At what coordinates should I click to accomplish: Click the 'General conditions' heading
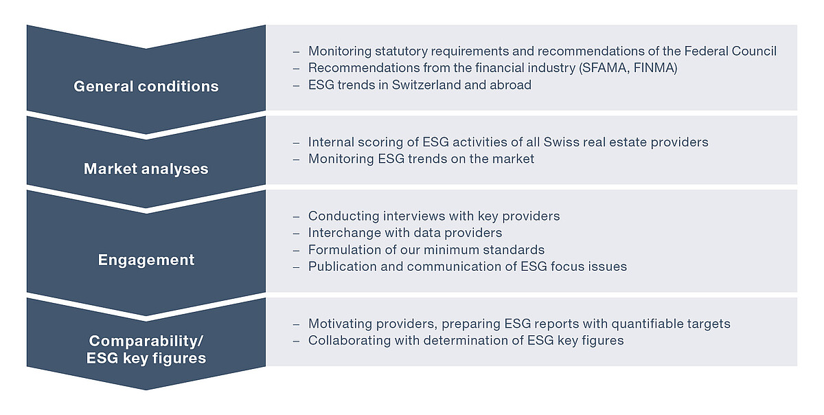coord(146,87)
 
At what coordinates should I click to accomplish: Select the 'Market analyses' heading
coord(146,169)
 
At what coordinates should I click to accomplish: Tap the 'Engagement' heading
coord(146,260)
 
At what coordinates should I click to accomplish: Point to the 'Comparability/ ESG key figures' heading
coord(146,350)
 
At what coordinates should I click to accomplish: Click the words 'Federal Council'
coord(730,51)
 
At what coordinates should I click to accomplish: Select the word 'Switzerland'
coord(426,85)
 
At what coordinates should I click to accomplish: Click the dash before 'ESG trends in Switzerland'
coord(296,86)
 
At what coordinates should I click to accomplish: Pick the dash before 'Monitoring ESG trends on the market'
coord(296,160)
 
